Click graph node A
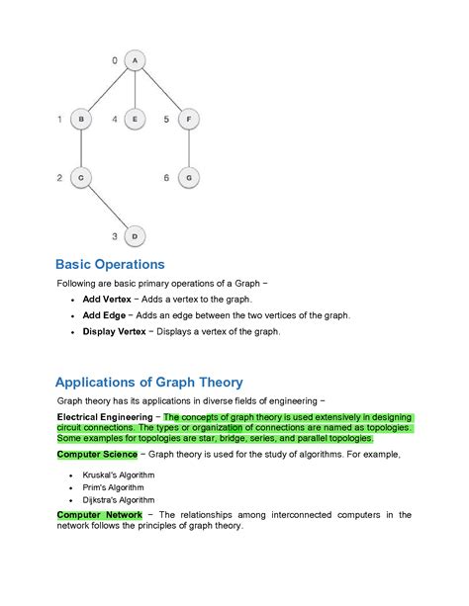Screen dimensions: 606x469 (135, 60)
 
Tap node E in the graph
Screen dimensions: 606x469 (135, 119)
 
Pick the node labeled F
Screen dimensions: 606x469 (189, 119)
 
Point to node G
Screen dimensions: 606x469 (189, 177)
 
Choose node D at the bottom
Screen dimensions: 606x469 (135, 235)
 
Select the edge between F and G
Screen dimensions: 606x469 (189, 148)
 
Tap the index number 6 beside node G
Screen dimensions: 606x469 (167, 177)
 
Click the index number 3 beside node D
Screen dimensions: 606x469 (115, 236)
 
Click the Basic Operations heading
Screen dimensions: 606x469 (109, 265)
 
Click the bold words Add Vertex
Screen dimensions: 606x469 (104, 299)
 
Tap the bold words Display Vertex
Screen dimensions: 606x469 (114, 331)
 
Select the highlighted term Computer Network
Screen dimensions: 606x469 (99, 515)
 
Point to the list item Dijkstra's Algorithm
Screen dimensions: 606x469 (113, 499)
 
